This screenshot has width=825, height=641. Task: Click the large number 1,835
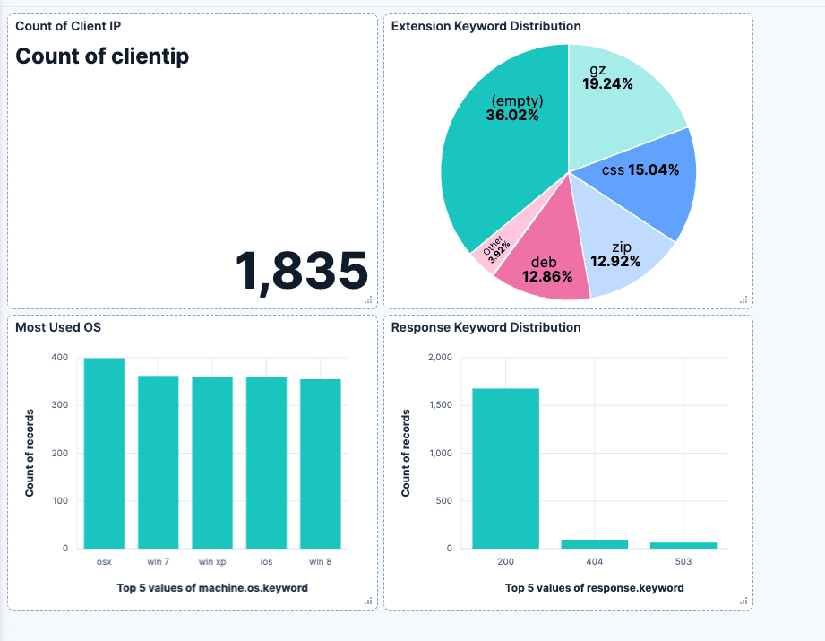(x=302, y=271)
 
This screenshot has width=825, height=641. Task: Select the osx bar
(x=104, y=453)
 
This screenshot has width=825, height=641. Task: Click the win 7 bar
(x=158, y=462)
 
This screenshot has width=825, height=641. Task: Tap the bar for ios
(x=266, y=463)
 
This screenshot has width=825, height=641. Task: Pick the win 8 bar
(x=321, y=463)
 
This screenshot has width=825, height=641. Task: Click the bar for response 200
(x=505, y=468)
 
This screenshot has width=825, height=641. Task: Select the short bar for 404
(x=595, y=544)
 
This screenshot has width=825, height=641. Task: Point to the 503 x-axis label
(x=683, y=562)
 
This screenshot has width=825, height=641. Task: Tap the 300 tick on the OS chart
(x=59, y=405)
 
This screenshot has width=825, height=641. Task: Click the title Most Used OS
(x=58, y=327)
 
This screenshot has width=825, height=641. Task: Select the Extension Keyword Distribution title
(x=486, y=26)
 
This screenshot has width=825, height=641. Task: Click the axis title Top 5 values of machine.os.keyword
(x=212, y=588)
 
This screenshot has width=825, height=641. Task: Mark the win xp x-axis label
(x=212, y=562)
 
